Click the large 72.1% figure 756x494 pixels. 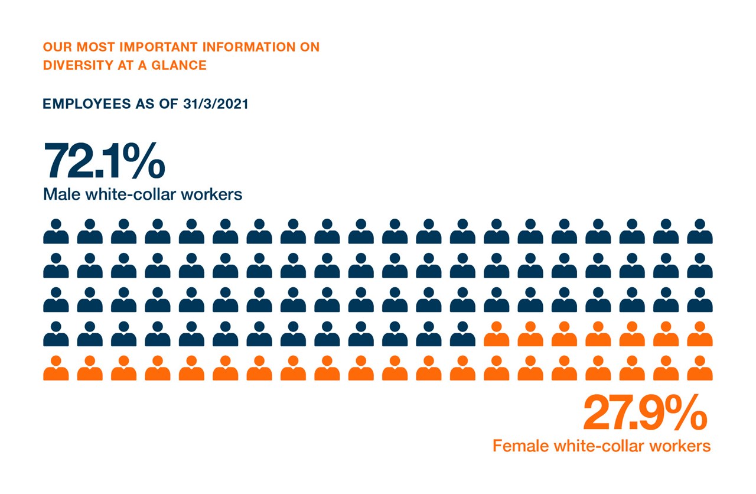104,160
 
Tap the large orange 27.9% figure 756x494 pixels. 644,414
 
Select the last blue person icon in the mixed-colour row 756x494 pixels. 462,334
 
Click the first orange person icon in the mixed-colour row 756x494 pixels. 497,334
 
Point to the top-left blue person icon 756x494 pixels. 56,232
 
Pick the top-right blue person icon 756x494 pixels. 700,232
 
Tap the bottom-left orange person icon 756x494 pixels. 56,368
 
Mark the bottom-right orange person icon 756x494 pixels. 700,368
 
